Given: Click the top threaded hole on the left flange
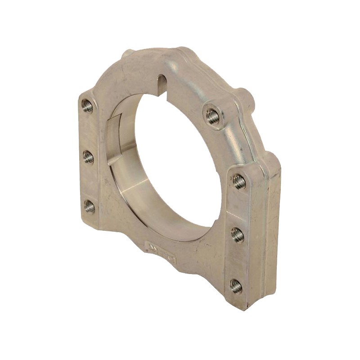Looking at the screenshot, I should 87,107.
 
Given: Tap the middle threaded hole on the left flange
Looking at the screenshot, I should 88,157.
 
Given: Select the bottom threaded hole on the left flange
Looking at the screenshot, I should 90,207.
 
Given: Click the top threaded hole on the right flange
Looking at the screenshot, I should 239,182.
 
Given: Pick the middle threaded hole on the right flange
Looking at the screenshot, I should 238,234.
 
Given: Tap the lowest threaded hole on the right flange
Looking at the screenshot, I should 236,285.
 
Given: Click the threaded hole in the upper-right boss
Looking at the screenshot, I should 213,116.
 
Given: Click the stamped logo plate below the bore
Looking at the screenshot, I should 161,247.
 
